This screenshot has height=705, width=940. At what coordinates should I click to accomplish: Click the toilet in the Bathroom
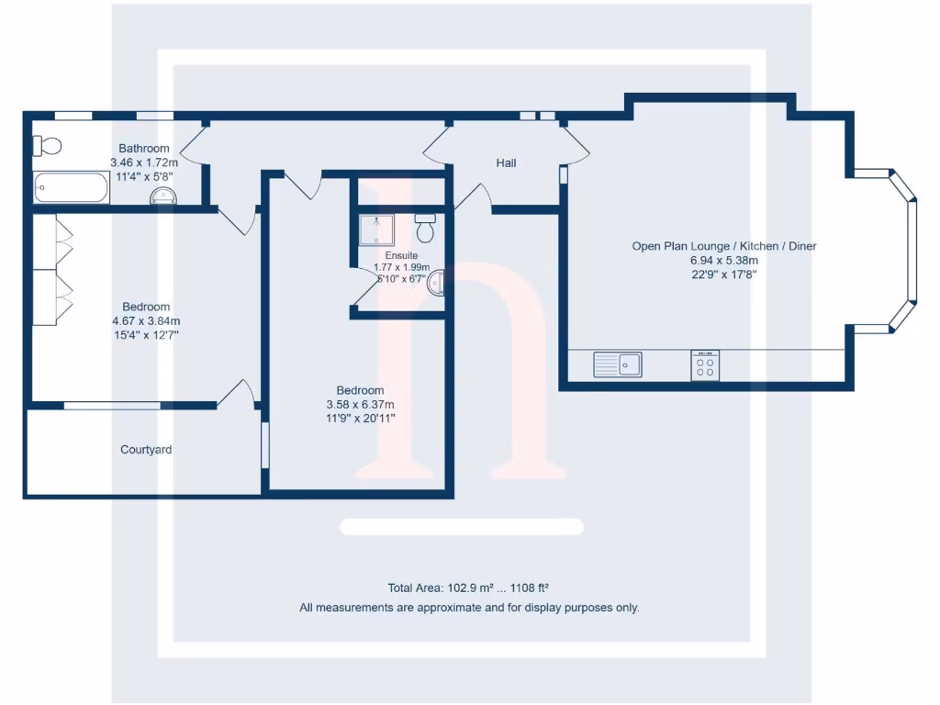click(47, 146)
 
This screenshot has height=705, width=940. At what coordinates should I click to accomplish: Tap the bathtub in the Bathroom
click(71, 188)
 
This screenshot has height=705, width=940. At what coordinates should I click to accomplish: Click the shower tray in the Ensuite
click(377, 229)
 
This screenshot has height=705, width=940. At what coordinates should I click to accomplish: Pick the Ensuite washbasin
click(437, 283)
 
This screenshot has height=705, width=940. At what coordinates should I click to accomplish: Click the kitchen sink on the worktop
click(618, 364)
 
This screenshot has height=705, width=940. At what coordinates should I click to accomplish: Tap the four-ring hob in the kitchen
click(705, 365)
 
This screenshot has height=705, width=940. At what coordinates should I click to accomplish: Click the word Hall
click(506, 163)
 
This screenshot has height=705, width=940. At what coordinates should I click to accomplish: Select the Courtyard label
click(146, 450)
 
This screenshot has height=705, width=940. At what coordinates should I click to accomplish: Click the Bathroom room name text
click(144, 149)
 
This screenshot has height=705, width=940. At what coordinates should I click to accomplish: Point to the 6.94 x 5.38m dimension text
click(724, 260)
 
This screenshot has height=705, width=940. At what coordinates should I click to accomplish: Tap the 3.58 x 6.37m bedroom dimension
click(360, 404)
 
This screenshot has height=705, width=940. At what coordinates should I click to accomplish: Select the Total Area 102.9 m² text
click(469, 588)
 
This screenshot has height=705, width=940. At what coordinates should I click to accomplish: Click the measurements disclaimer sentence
click(469, 608)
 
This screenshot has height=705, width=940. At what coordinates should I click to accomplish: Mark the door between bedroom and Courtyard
click(237, 392)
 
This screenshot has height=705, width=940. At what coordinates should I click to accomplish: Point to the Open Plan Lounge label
click(724, 246)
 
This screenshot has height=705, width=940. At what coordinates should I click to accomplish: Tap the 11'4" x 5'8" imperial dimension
click(144, 175)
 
